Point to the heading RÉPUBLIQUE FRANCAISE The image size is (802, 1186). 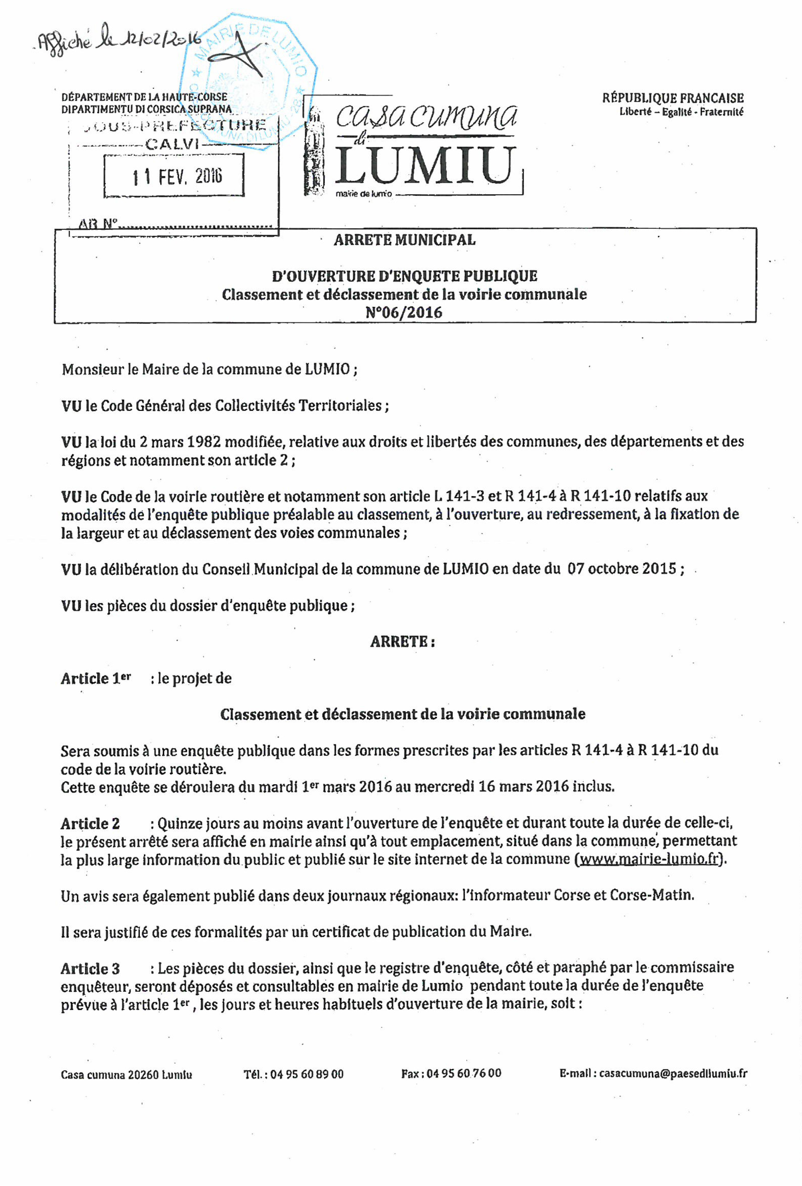coord(672,98)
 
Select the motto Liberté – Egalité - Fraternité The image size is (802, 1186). coord(681,112)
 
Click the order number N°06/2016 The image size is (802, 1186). coord(404,312)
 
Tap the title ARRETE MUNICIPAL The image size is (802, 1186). coord(404,240)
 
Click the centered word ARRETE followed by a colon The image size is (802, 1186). coord(402,641)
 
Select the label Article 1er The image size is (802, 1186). coord(96,678)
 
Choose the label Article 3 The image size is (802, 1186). coord(90,968)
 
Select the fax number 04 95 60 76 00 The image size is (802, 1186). coord(464,1073)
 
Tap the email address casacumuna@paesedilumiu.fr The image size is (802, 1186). coord(673,1073)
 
